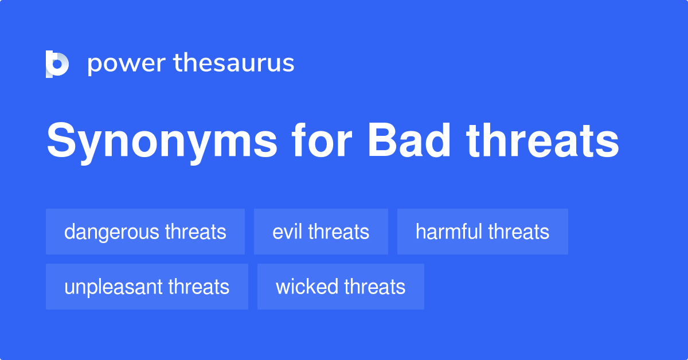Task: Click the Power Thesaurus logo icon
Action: [x=57, y=64]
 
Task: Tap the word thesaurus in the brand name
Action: [x=234, y=64]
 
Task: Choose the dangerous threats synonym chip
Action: [x=145, y=232]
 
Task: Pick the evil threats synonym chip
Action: [x=320, y=232]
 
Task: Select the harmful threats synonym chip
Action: [x=482, y=232]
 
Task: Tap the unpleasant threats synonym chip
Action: [x=147, y=287]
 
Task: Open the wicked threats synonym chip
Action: [x=341, y=287]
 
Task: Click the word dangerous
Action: [x=112, y=232]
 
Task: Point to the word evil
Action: [x=287, y=232]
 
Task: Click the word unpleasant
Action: [x=114, y=287]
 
